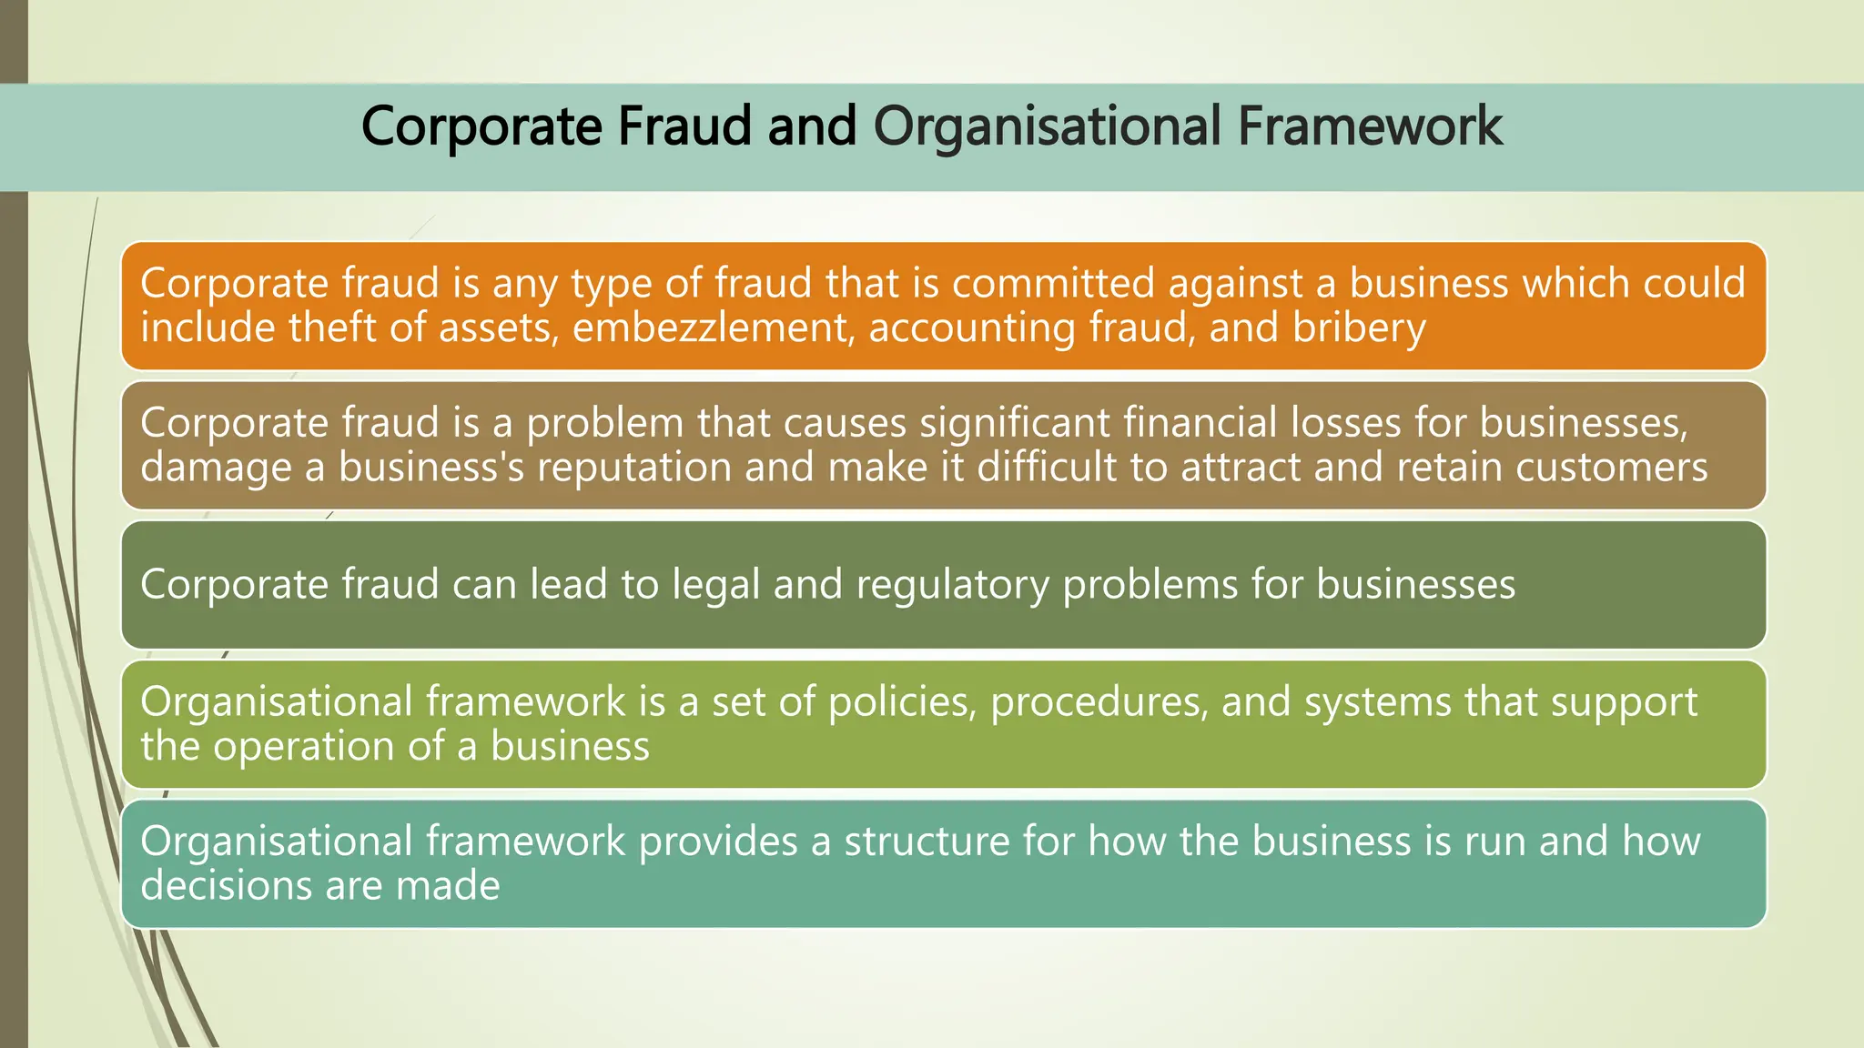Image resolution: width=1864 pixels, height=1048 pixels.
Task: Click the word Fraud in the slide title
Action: [685, 126]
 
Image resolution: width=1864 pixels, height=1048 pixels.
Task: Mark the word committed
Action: [1053, 283]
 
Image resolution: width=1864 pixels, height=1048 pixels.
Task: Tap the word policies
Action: [902, 702]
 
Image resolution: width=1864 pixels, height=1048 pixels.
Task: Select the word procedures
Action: [1099, 702]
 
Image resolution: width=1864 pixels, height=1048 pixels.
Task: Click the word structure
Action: [926, 841]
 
